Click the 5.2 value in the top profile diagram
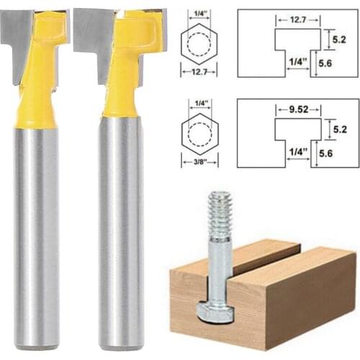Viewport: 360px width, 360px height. point(329,34)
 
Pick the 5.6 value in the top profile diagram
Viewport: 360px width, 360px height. point(329,63)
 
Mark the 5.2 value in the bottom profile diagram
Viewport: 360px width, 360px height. point(329,130)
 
